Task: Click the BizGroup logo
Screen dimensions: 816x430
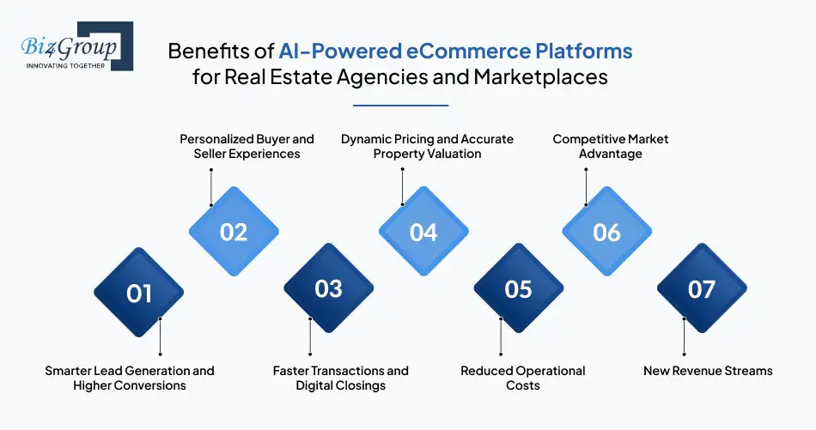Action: (x=77, y=46)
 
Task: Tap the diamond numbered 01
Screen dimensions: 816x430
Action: (x=139, y=292)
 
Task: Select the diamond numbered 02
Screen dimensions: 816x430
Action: (x=234, y=232)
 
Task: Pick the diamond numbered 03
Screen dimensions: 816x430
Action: (x=328, y=288)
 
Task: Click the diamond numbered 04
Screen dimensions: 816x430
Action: (x=423, y=232)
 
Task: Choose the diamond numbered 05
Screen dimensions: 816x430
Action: (x=518, y=288)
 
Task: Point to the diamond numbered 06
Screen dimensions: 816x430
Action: (x=606, y=232)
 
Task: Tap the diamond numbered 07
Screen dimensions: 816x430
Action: (x=702, y=288)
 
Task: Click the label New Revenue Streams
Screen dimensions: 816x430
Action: (x=708, y=371)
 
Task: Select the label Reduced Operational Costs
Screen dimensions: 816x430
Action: (x=523, y=378)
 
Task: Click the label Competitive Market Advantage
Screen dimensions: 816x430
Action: (x=611, y=146)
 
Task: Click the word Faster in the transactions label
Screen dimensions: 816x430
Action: (x=290, y=371)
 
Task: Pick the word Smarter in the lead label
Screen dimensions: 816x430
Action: (x=66, y=371)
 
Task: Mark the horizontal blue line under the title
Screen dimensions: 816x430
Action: (x=401, y=106)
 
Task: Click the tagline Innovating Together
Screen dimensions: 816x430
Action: (x=65, y=66)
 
